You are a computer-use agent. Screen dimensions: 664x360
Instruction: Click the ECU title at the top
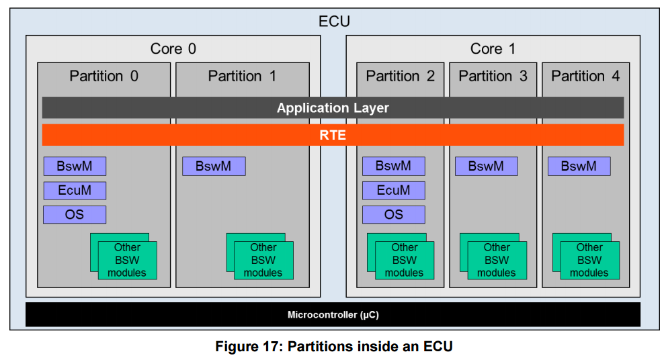pos(334,21)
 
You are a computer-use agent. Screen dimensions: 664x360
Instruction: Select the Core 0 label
pos(173,48)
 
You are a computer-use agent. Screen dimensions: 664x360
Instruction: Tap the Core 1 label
pos(493,48)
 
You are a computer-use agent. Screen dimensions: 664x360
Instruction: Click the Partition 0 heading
pos(103,76)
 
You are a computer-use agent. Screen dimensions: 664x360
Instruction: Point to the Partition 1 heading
pos(242,76)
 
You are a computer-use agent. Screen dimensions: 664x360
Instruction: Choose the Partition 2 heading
pos(400,76)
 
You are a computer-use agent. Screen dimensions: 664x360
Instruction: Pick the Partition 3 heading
pos(493,76)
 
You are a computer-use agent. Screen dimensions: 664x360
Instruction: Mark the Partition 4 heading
pos(585,76)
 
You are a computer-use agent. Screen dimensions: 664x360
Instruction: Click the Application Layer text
pos(333,108)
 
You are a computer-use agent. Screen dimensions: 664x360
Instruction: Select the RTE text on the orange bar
pos(333,135)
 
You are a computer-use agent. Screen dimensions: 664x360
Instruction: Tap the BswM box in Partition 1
pos(214,167)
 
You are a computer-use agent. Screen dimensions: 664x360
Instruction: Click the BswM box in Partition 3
pos(487,167)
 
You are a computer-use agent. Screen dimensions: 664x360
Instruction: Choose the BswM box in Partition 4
pos(579,167)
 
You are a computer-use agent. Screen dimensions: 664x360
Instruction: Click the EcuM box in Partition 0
pos(75,190)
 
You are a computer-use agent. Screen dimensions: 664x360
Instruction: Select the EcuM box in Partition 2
pos(394,190)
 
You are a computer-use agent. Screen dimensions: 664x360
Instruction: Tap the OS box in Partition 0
pos(75,214)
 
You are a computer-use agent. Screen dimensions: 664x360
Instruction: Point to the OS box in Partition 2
pos(394,214)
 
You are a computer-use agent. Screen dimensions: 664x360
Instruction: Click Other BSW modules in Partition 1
pos(263,260)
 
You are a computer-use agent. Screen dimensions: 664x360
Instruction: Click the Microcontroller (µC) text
pos(333,315)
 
